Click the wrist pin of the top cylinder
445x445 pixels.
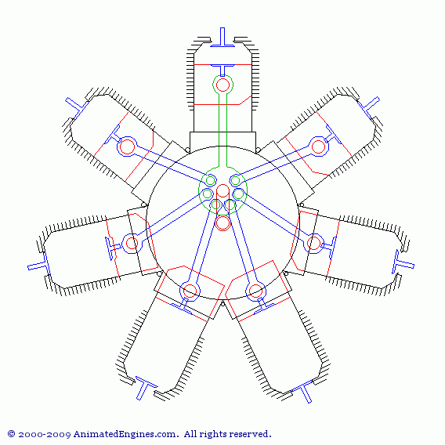222,85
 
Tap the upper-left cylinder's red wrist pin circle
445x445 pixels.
127,147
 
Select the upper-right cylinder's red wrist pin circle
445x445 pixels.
318,147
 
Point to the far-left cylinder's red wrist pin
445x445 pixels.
132,243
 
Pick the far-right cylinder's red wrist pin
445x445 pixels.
313,243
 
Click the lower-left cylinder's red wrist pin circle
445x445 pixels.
190,291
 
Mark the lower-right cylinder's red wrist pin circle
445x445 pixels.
255,291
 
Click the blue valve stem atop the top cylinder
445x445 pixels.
222,37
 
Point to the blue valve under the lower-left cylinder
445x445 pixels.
145,388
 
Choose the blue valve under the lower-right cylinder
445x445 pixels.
302,390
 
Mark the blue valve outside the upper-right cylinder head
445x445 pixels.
368,108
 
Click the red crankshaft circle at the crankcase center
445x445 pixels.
222,223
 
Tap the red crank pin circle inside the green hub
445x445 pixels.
222,190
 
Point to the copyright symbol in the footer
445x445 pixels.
11,434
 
